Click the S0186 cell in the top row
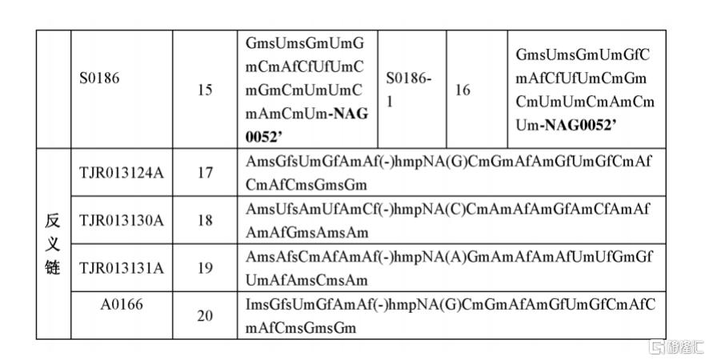tap(100, 79)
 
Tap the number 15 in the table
tap(205, 90)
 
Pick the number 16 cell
tap(463, 90)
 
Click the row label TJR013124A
tap(121, 172)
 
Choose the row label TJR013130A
tap(121, 220)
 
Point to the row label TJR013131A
tap(121, 268)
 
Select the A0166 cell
tap(121, 304)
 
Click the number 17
tap(205, 172)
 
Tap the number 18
tap(205, 220)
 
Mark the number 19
tap(205, 268)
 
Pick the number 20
tap(205, 316)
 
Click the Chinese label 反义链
tap(53, 244)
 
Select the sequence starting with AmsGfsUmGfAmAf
tap(448, 172)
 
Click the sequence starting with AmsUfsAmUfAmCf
tap(448, 220)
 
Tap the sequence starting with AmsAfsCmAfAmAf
tap(448, 268)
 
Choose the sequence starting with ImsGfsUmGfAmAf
tap(448, 316)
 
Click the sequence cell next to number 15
tap(306, 90)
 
